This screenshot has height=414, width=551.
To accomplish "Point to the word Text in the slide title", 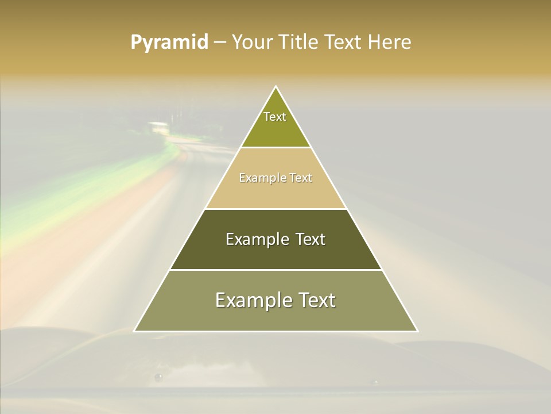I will coord(344,43).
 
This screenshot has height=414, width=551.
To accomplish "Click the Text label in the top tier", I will coord(275,117).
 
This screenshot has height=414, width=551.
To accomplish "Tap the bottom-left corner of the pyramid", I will coord(134,331).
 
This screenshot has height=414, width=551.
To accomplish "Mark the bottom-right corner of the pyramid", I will coord(417,331).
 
